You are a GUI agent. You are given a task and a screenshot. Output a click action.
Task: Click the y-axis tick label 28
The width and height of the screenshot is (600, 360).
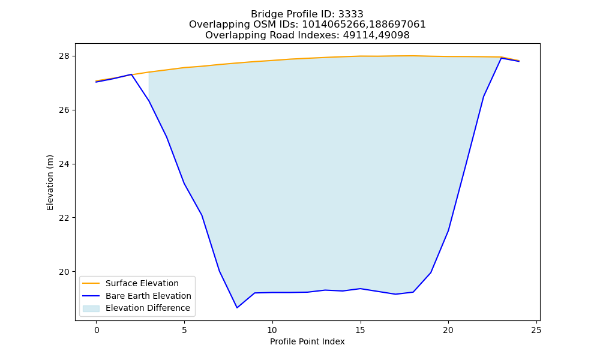pos(64,56)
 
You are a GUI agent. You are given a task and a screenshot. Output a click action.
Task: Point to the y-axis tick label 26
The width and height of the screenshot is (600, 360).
pos(64,110)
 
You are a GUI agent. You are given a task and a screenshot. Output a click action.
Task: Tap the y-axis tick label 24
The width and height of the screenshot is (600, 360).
pos(64,164)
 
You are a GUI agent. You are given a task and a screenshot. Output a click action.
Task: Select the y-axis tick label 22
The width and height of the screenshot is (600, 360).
pos(64,218)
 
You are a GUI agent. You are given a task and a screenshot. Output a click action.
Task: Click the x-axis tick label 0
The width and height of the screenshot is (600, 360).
pos(97,330)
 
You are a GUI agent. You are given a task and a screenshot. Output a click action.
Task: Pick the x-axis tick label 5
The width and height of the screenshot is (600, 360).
pos(184,330)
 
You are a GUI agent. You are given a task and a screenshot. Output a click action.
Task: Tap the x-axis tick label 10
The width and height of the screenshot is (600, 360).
pos(272,330)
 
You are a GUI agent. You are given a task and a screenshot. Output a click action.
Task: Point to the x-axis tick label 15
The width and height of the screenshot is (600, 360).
pos(360,330)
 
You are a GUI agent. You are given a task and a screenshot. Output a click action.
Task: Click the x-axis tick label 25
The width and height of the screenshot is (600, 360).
pos(536,330)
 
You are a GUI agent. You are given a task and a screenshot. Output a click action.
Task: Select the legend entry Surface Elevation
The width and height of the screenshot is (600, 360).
pos(142,283)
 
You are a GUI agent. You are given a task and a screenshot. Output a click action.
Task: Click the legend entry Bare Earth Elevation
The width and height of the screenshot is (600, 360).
pos(148,296)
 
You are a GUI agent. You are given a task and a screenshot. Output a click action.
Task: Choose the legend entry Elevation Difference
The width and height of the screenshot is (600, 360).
pos(148,308)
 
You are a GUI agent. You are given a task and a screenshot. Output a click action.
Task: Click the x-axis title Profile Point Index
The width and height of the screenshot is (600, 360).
pos(307,341)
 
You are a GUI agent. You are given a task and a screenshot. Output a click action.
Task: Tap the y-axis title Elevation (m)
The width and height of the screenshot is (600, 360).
pos(50,182)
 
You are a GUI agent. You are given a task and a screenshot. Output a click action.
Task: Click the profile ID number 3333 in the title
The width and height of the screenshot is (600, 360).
pos(351,14)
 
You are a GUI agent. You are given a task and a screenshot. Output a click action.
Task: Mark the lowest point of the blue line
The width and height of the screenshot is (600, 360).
pos(237,308)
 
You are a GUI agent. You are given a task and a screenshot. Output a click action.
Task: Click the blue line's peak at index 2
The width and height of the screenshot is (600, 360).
pos(131,74)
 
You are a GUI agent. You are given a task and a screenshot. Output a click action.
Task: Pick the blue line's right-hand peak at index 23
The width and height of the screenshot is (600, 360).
pos(501,58)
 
